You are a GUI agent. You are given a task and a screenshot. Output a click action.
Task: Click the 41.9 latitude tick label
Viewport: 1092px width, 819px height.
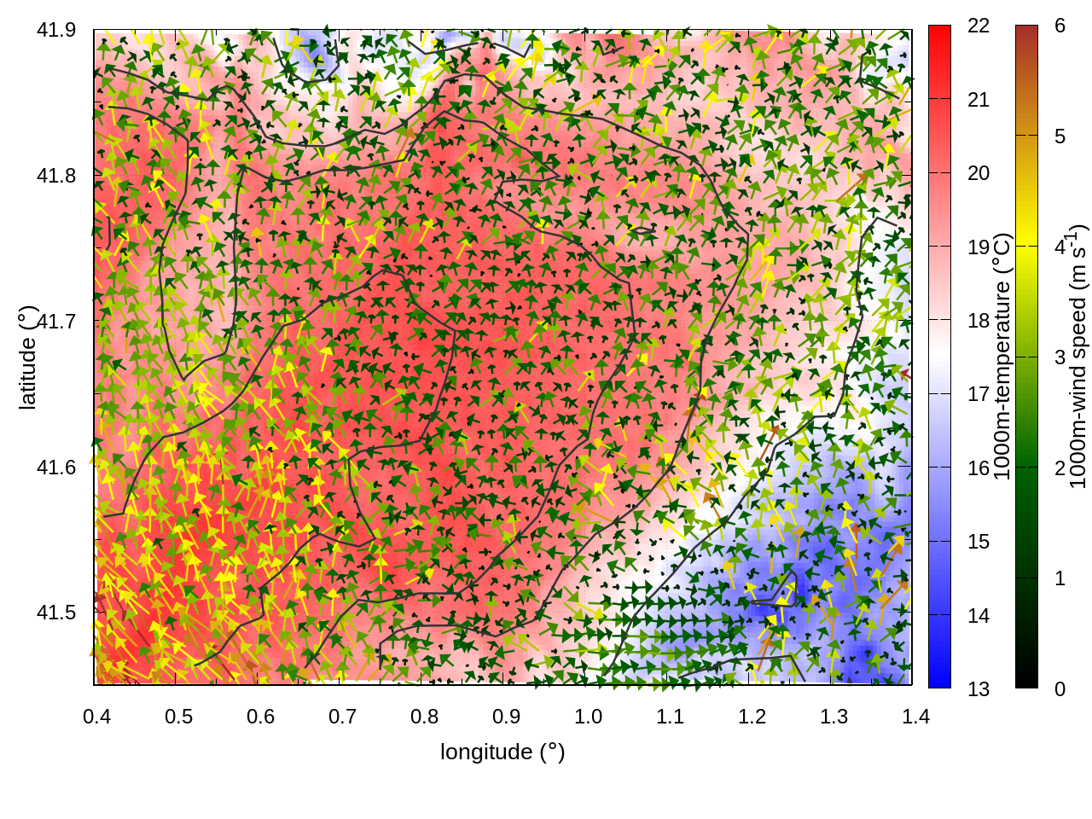tap(56, 30)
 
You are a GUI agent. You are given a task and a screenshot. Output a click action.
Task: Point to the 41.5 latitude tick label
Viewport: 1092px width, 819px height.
tap(56, 613)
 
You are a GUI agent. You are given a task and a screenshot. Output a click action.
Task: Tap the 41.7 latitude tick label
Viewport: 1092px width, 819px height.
tap(56, 322)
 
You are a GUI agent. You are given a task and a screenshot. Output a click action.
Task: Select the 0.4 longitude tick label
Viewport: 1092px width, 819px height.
tap(97, 716)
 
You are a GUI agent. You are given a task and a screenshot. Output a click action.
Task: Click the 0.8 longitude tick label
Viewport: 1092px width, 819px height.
tap(425, 716)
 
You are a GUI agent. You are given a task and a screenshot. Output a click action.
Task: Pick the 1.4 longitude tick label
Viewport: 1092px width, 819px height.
tap(916, 716)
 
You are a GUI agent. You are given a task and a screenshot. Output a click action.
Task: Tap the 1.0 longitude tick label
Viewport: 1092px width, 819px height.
tap(589, 716)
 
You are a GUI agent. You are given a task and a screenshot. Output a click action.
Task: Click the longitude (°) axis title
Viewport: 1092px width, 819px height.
tap(502, 752)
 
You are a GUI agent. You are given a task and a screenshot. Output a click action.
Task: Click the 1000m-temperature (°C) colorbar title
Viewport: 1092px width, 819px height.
tap(1002, 357)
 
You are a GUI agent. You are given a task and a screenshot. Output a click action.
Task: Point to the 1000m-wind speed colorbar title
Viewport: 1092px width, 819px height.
tap(1079, 357)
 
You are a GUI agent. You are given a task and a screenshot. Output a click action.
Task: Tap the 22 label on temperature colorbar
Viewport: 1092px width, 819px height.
tap(979, 26)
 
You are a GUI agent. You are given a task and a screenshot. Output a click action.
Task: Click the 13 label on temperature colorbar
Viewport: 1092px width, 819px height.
tap(979, 688)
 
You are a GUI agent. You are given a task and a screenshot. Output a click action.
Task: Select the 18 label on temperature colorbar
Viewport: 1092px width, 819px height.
tap(979, 320)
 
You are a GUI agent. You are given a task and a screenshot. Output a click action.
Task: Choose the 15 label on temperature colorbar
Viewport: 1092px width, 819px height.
tap(979, 541)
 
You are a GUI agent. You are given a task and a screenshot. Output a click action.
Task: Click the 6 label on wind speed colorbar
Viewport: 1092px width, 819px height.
tap(1060, 26)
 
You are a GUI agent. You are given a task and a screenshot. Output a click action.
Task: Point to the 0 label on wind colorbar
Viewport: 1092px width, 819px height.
tap(1060, 688)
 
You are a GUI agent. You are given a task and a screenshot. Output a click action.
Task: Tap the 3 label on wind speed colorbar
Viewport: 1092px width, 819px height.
tap(1060, 357)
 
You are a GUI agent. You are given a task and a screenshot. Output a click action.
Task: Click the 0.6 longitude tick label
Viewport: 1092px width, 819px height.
tap(261, 716)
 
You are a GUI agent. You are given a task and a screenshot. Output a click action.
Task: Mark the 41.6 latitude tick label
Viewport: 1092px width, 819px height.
tap(56, 468)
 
